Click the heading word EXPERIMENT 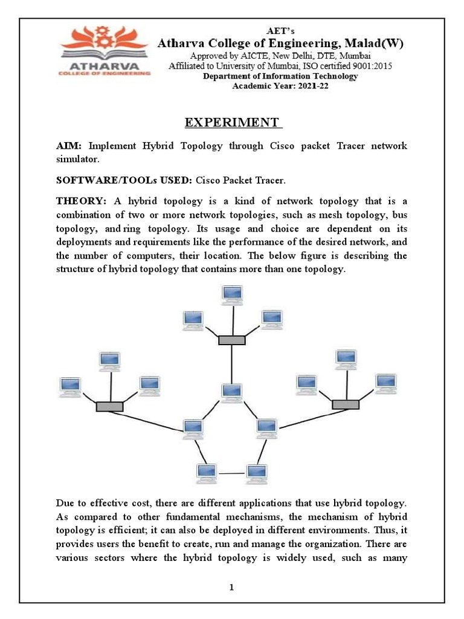[x=233, y=123]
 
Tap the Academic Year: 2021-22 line [x=280, y=86]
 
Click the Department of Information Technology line [x=280, y=76]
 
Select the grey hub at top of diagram [x=231, y=340]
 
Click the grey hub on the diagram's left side [x=109, y=407]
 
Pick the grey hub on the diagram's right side [x=346, y=404]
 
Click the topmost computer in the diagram [x=231, y=294]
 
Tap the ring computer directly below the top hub [x=231, y=392]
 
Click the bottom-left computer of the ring [x=207, y=472]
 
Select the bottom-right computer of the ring [x=256, y=472]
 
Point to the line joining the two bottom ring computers [x=231, y=473]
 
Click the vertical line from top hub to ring [x=231, y=363]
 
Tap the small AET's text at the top [x=280, y=30]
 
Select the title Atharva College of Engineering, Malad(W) [x=280, y=43]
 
